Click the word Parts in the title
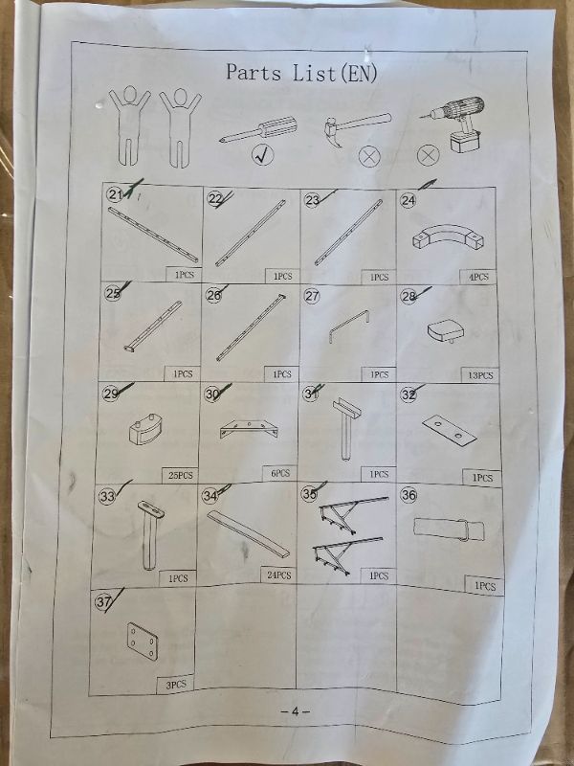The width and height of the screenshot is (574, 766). pos(254,73)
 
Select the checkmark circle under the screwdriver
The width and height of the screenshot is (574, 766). pos(262,155)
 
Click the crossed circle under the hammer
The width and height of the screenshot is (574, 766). pos(369,156)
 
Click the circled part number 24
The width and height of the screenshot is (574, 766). pos(408,200)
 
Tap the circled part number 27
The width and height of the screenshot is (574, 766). pos(312,296)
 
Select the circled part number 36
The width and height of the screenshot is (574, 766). pos(408,495)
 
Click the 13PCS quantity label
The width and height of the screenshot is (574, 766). pos(480,375)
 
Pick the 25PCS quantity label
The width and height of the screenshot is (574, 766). pos(180,475)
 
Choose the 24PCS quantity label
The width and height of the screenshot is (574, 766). pos(278,575)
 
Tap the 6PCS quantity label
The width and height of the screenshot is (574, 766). pos(280,473)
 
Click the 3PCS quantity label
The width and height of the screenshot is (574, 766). pos(175,685)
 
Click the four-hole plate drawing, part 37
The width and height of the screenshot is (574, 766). pos(143,642)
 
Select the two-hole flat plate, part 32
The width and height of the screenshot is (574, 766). pos(450,430)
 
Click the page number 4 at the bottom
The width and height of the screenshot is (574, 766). pos(295,711)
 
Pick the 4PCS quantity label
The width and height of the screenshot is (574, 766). pos(478,277)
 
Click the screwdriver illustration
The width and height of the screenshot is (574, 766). pos(258,130)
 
